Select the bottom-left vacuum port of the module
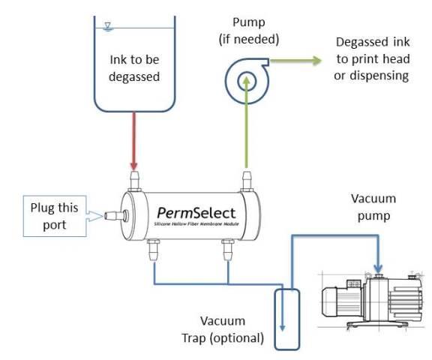[x=153, y=249]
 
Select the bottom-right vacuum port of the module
[x=226, y=249]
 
